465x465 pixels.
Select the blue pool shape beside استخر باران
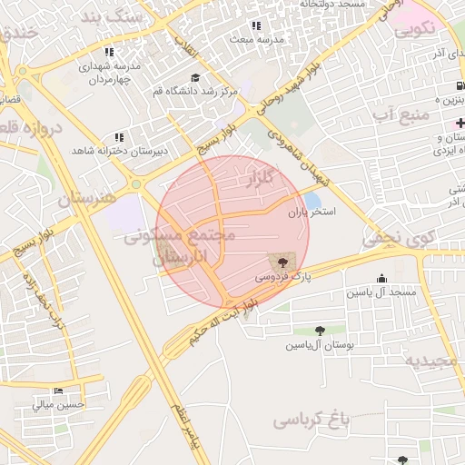tap(312, 199)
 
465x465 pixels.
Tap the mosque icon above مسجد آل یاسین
tap(381, 279)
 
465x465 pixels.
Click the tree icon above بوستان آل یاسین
tap(319, 331)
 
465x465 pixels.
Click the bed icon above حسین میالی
tap(59, 391)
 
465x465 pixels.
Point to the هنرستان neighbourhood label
tap(86, 197)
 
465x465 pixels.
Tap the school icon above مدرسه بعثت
tap(256, 26)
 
